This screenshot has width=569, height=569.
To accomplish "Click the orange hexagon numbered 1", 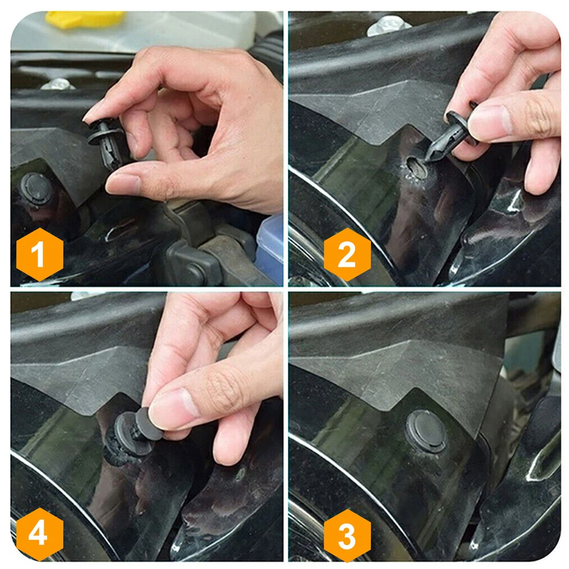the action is click(x=40, y=254).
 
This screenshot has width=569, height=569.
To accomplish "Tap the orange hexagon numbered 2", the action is click(x=347, y=254).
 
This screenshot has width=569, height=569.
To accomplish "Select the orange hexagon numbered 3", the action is click(x=347, y=535).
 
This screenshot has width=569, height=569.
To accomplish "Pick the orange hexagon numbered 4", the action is click(x=40, y=534).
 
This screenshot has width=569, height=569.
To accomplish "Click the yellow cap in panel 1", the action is click(x=85, y=18).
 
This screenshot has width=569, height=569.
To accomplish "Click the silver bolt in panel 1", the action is click(x=57, y=84).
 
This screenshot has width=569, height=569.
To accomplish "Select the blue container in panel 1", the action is click(x=270, y=247).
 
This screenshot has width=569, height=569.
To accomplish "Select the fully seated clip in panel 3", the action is click(x=426, y=431).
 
